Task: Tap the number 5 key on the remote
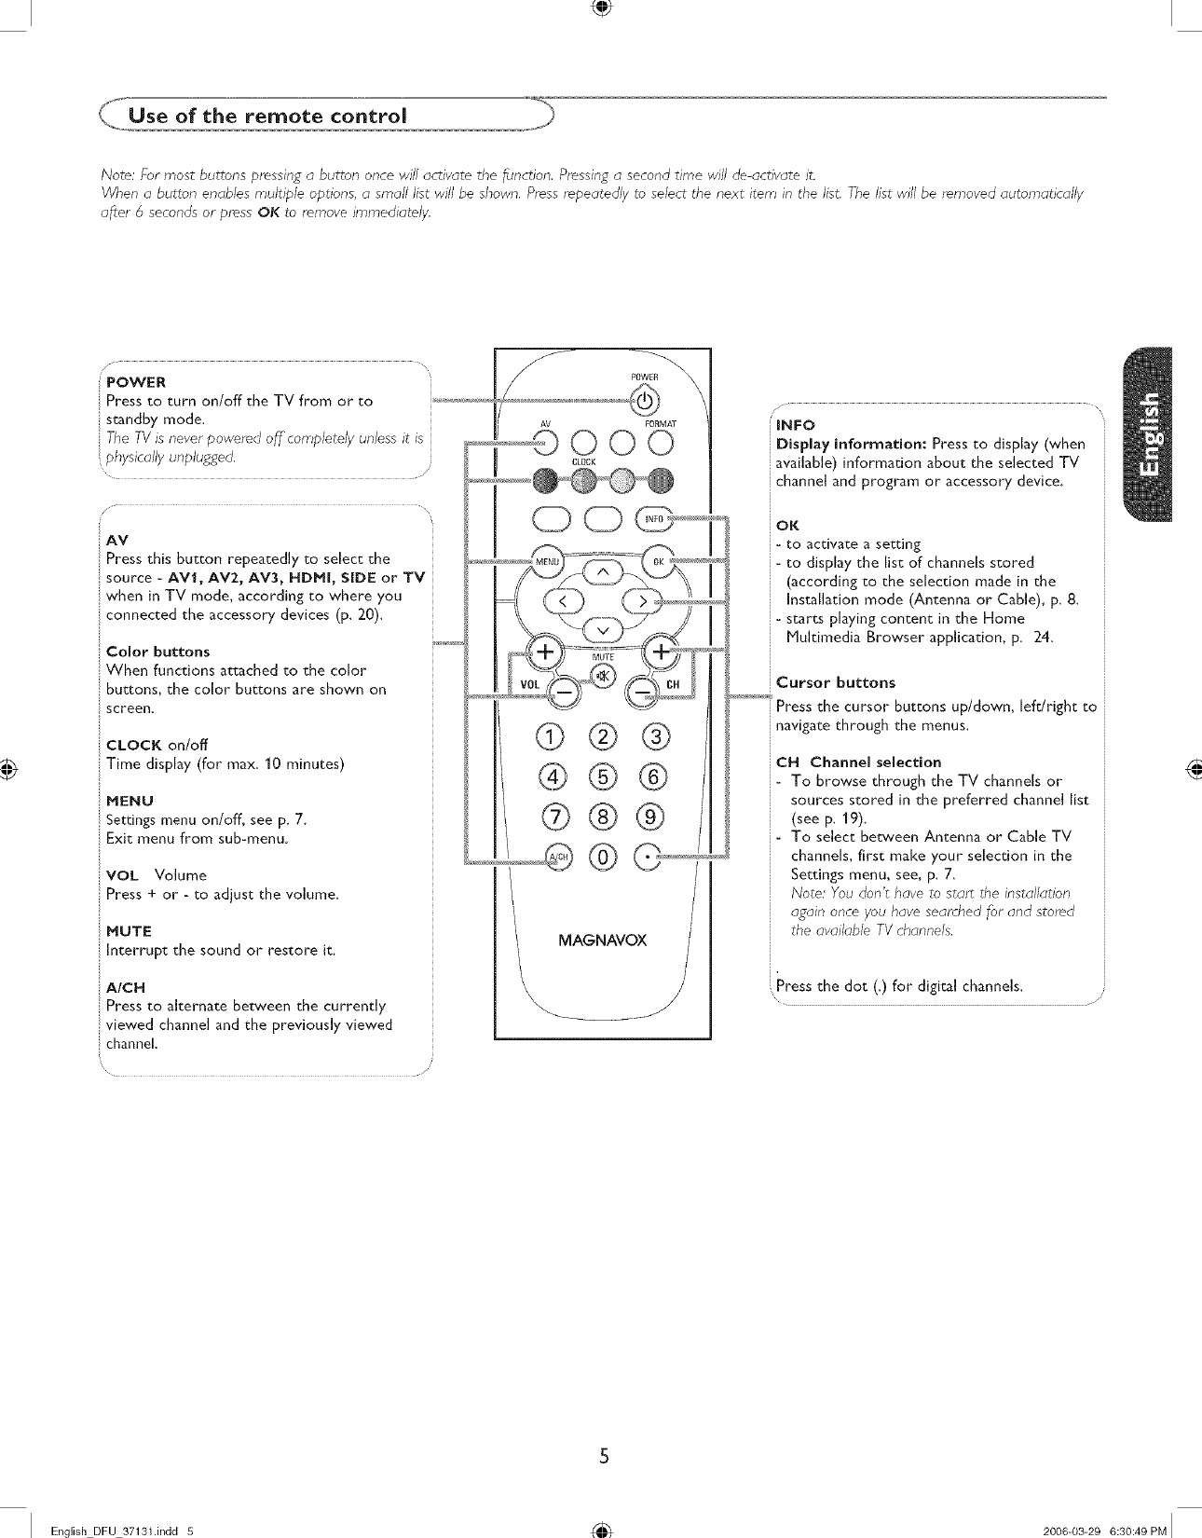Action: click(603, 777)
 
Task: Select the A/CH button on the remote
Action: click(559, 857)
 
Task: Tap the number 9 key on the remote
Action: click(649, 817)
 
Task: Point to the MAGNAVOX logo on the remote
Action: click(602, 940)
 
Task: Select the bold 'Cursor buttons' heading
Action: click(835, 682)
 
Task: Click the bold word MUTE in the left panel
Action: click(129, 931)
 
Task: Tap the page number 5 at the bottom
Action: click(604, 1456)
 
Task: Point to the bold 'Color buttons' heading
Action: click(157, 652)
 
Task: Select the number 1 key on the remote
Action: click(556, 737)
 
